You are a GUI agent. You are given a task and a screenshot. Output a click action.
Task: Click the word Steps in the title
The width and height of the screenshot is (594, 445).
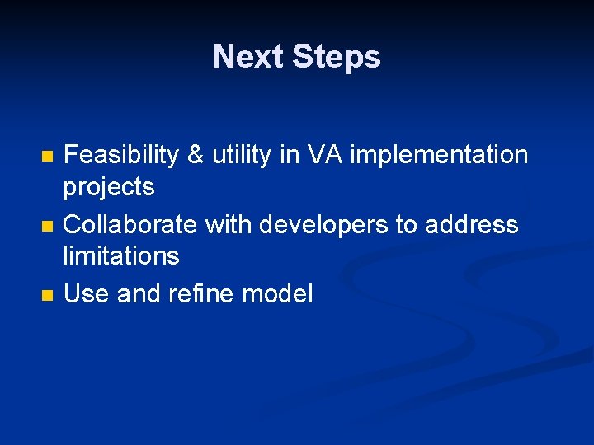pyautogui.click(x=336, y=57)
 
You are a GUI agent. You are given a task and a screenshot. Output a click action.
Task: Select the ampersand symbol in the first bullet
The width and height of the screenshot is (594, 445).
pyautogui.click(x=196, y=155)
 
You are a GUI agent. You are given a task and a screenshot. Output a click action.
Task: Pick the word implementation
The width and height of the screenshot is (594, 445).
pyautogui.click(x=439, y=155)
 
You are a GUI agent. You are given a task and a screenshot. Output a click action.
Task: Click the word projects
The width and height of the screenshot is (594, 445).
pyautogui.click(x=109, y=188)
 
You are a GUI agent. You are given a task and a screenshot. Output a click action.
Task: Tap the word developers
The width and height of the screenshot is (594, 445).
pyautogui.click(x=320, y=224)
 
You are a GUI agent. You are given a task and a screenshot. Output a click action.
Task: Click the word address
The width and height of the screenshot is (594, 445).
pyautogui.click(x=472, y=224)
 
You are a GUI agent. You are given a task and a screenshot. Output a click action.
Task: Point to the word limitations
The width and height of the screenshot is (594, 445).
pyautogui.click(x=121, y=256)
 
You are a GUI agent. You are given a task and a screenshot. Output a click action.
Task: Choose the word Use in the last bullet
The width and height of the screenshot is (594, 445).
pyautogui.click(x=87, y=293)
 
